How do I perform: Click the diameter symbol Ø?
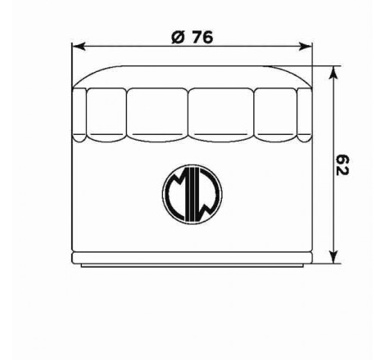point(177,38)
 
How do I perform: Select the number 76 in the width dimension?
point(200,38)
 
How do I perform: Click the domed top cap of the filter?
point(192,75)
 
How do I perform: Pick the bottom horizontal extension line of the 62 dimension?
point(324,263)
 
